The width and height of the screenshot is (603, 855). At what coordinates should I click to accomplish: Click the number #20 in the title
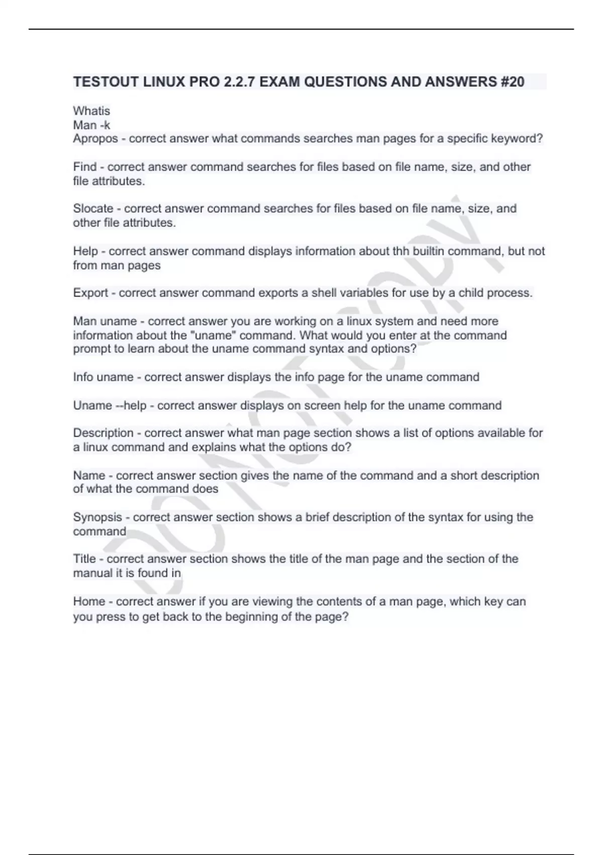coord(512,82)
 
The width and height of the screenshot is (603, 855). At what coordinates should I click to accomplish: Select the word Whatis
coord(91,111)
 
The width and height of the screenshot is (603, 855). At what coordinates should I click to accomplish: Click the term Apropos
coord(95,139)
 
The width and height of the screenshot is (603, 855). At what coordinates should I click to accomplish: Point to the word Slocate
coord(93,209)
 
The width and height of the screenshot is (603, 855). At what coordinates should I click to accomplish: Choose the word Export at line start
coord(90,293)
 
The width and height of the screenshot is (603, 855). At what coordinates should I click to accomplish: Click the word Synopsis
coord(97,517)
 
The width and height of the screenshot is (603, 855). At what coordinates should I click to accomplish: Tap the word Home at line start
coord(89,602)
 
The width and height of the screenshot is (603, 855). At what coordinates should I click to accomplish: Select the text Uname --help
coord(110,405)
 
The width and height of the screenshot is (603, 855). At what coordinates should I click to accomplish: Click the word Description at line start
coord(104,433)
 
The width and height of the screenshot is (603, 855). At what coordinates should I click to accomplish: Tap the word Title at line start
coord(84,559)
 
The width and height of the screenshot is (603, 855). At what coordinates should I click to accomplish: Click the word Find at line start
coord(84,167)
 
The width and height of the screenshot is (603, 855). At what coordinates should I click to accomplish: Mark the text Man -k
coord(91,125)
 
